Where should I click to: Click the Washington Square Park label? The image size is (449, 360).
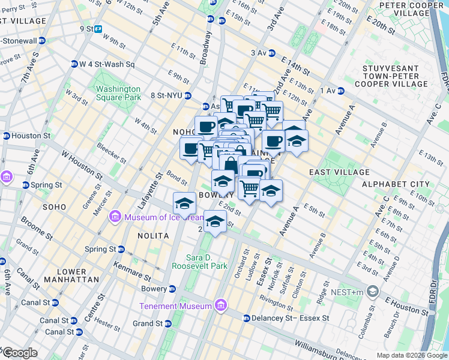tap(118, 93)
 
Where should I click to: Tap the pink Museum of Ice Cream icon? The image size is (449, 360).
tap(116, 217)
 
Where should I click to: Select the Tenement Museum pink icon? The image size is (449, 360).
tap(221, 306)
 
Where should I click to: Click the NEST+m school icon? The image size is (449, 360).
tap(373, 292)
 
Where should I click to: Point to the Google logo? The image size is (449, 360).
tap(19, 353)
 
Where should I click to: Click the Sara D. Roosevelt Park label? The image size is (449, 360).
tap(199, 261)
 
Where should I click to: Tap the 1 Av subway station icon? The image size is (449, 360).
tap(340, 91)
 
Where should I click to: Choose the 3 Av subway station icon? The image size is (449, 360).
tap(271, 53)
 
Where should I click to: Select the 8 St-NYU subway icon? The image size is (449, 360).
tap(188, 95)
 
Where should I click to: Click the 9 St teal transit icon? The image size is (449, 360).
tap(98, 29)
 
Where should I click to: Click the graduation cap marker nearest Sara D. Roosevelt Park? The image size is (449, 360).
tap(215, 221)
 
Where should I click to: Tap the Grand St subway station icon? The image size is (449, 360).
tap(167, 323)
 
